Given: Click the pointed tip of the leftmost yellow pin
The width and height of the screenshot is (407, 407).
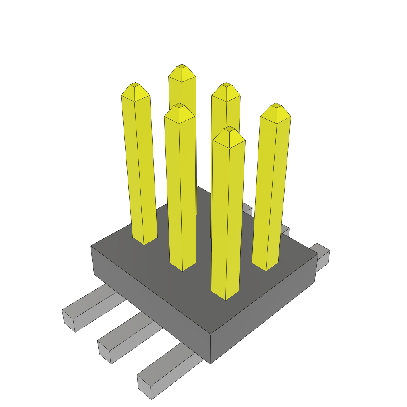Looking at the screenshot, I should (135, 85).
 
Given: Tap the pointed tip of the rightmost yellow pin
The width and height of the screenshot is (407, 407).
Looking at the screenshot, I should (275, 106).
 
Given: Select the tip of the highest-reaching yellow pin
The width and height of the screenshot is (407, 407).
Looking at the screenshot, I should (182, 66).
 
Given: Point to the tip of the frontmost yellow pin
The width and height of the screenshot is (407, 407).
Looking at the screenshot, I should (229, 129).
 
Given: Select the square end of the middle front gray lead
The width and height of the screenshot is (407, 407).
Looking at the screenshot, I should (104, 352).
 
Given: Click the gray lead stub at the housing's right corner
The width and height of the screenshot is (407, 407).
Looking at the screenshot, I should (322, 255).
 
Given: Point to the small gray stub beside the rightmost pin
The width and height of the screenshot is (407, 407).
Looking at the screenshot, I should (285, 230).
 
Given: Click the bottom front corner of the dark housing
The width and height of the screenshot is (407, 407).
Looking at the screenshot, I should (210, 363).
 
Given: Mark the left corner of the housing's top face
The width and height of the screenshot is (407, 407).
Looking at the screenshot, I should (91, 246).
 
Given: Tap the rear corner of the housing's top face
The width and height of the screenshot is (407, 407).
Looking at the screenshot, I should (198, 187).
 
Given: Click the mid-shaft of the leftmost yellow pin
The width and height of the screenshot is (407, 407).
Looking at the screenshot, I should (139, 167).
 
